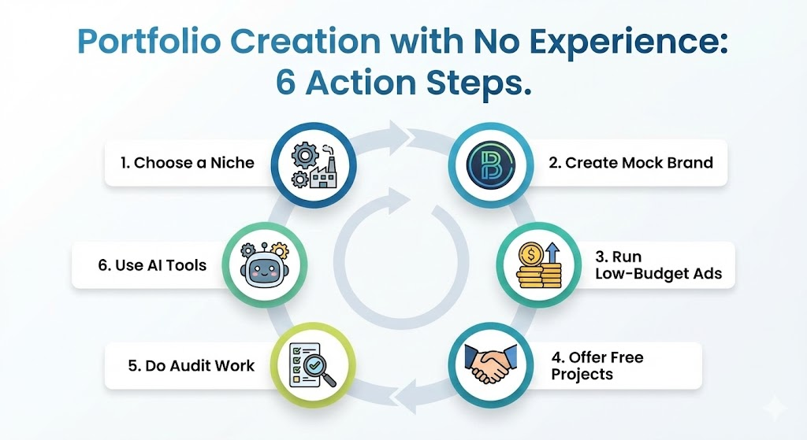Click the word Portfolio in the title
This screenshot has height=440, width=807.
pyautogui.click(x=149, y=42)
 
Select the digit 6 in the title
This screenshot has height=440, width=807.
pyautogui.click(x=285, y=82)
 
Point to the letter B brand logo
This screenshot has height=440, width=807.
pyautogui.click(x=490, y=165)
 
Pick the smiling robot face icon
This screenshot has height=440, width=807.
pyautogui.click(x=265, y=265)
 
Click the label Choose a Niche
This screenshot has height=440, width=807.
pyautogui.click(x=188, y=163)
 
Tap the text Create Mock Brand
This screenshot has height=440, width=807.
pyautogui.click(x=631, y=163)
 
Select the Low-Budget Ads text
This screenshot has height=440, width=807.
pyautogui.click(x=659, y=274)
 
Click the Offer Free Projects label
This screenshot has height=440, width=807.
pyautogui.click(x=597, y=365)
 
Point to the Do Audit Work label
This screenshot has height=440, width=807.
pyautogui.click(x=191, y=365)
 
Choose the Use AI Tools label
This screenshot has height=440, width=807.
pyautogui.click(x=152, y=265)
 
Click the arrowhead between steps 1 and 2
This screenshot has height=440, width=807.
pyautogui.click(x=400, y=137)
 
